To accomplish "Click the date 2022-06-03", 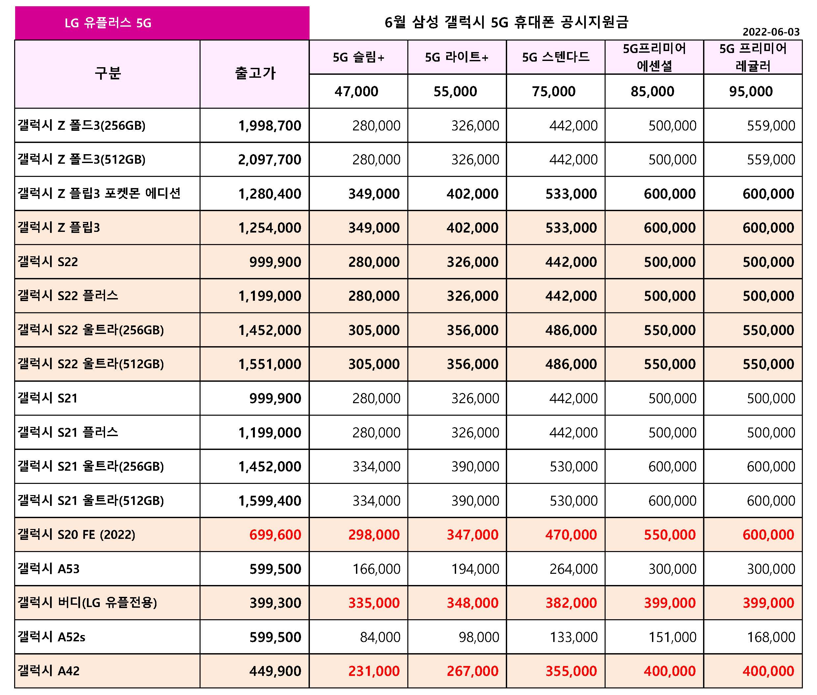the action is [x=771, y=32].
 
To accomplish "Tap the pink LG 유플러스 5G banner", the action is [x=162, y=23].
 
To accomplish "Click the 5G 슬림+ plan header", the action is [x=359, y=58].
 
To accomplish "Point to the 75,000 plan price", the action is [x=554, y=92].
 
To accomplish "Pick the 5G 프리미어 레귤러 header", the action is [x=753, y=57].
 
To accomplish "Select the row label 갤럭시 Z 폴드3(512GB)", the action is [x=82, y=159].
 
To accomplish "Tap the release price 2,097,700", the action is [x=269, y=159].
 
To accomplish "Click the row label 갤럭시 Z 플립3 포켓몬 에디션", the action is [x=99, y=193].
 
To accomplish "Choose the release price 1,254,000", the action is [x=269, y=228].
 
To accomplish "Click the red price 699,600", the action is [x=275, y=535].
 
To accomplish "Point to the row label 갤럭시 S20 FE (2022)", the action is [x=76, y=534].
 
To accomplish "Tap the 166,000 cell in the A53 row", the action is [x=376, y=569].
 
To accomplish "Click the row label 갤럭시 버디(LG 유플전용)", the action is [x=87, y=602].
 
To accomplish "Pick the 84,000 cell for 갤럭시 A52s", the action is [x=380, y=637].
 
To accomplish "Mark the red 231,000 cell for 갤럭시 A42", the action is [x=374, y=671].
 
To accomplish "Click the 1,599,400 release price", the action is [x=269, y=501].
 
